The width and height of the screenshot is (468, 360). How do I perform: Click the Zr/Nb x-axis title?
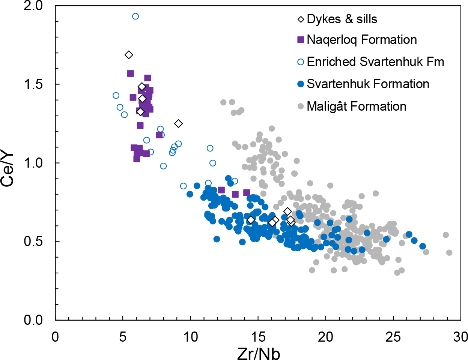(259, 353)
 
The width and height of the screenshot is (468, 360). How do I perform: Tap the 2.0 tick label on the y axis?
(33, 6)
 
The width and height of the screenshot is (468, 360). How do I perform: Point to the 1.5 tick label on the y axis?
(33, 84)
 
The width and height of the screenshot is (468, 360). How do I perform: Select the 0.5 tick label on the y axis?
(33, 241)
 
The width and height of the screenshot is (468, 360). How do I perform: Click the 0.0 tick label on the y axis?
(33, 320)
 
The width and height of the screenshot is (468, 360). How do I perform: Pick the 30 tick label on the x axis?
(460, 337)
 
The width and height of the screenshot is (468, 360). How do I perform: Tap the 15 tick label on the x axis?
(258, 337)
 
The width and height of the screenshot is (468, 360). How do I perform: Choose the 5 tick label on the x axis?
(123, 337)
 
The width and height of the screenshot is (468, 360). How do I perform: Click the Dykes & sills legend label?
(342, 19)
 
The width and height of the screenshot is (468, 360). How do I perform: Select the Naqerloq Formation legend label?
(362, 40)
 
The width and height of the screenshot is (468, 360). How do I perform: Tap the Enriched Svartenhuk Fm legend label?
(375, 62)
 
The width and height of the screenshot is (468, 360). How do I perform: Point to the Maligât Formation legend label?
(357, 106)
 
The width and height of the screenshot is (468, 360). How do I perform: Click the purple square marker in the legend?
(301, 40)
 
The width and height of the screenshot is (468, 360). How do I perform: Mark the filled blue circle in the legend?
(301, 84)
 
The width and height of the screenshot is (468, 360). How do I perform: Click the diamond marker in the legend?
(301, 19)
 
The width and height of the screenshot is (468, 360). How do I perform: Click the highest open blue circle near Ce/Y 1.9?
(135, 16)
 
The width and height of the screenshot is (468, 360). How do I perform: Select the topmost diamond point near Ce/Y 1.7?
(129, 55)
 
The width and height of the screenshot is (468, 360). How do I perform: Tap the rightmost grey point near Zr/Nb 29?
(449, 253)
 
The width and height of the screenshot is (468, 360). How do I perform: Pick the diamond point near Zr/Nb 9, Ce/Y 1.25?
(179, 123)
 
